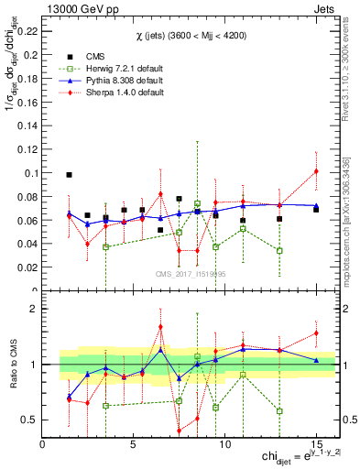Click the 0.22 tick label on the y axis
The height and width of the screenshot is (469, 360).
[26, 30]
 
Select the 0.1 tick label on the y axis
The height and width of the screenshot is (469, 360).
[29, 172]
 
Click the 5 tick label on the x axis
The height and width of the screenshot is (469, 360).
[134, 444]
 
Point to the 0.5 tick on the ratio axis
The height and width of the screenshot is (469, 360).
[27, 420]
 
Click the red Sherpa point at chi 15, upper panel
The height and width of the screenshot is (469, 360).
[316, 171]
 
